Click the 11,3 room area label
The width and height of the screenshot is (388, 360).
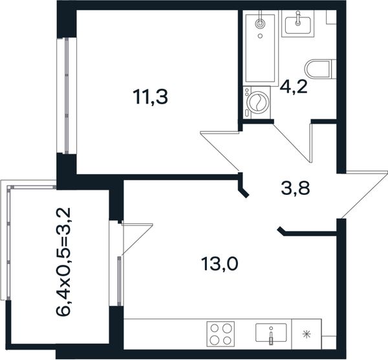click(x=150, y=97)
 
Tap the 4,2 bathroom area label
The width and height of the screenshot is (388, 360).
click(x=294, y=87)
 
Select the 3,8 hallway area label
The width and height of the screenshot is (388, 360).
click(x=296, y=189)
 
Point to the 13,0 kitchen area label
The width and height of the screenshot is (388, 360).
click(x=220, y=264)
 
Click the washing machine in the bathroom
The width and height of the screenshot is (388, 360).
click(x=257, y=102)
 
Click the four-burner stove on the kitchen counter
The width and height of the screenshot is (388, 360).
click(x=221, y=334)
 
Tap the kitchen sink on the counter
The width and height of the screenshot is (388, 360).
click(x=271, y=333)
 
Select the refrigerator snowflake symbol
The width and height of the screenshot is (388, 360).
click(x=307, y=335)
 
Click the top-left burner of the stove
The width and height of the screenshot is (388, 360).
click(x=214, y=328)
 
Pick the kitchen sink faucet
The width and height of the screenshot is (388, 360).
click(x=271, y=335)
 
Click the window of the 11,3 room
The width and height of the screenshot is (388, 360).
click(x=67, y=95)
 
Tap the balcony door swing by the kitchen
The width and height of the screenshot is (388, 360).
click(x=137, y=238)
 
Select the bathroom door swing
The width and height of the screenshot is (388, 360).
click(x=293, y=142)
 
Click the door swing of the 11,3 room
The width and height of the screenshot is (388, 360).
click(x=220, y=151)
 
